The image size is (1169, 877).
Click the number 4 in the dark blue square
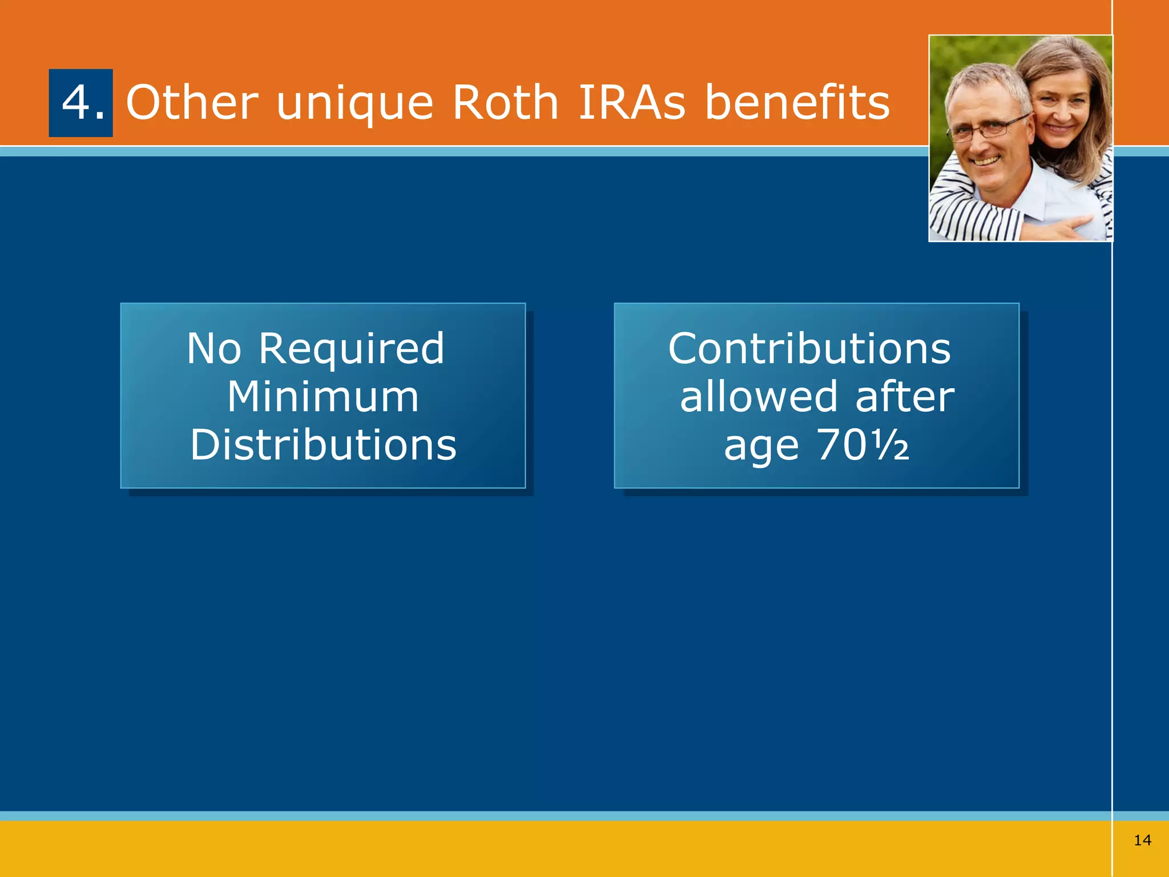(x=76, y=103)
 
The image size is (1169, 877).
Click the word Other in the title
(x=192, y=103)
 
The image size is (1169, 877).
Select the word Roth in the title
(x=505, y=103)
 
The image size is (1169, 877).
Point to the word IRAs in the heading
(x=631, y=103)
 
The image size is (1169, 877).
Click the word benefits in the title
(x=797, y=103)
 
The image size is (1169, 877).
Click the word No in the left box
(x=214, y=349)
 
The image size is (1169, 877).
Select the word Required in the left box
(x=351, y=350)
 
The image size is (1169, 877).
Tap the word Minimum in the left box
(x=323, y=397)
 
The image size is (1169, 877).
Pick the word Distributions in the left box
(x=323, y=445)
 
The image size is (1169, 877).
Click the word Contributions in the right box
(x=809, y=349)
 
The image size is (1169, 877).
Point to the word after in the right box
(x=904, y=397)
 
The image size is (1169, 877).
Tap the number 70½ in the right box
(x=862, y=445)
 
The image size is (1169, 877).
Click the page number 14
(x=1142, y=840)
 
